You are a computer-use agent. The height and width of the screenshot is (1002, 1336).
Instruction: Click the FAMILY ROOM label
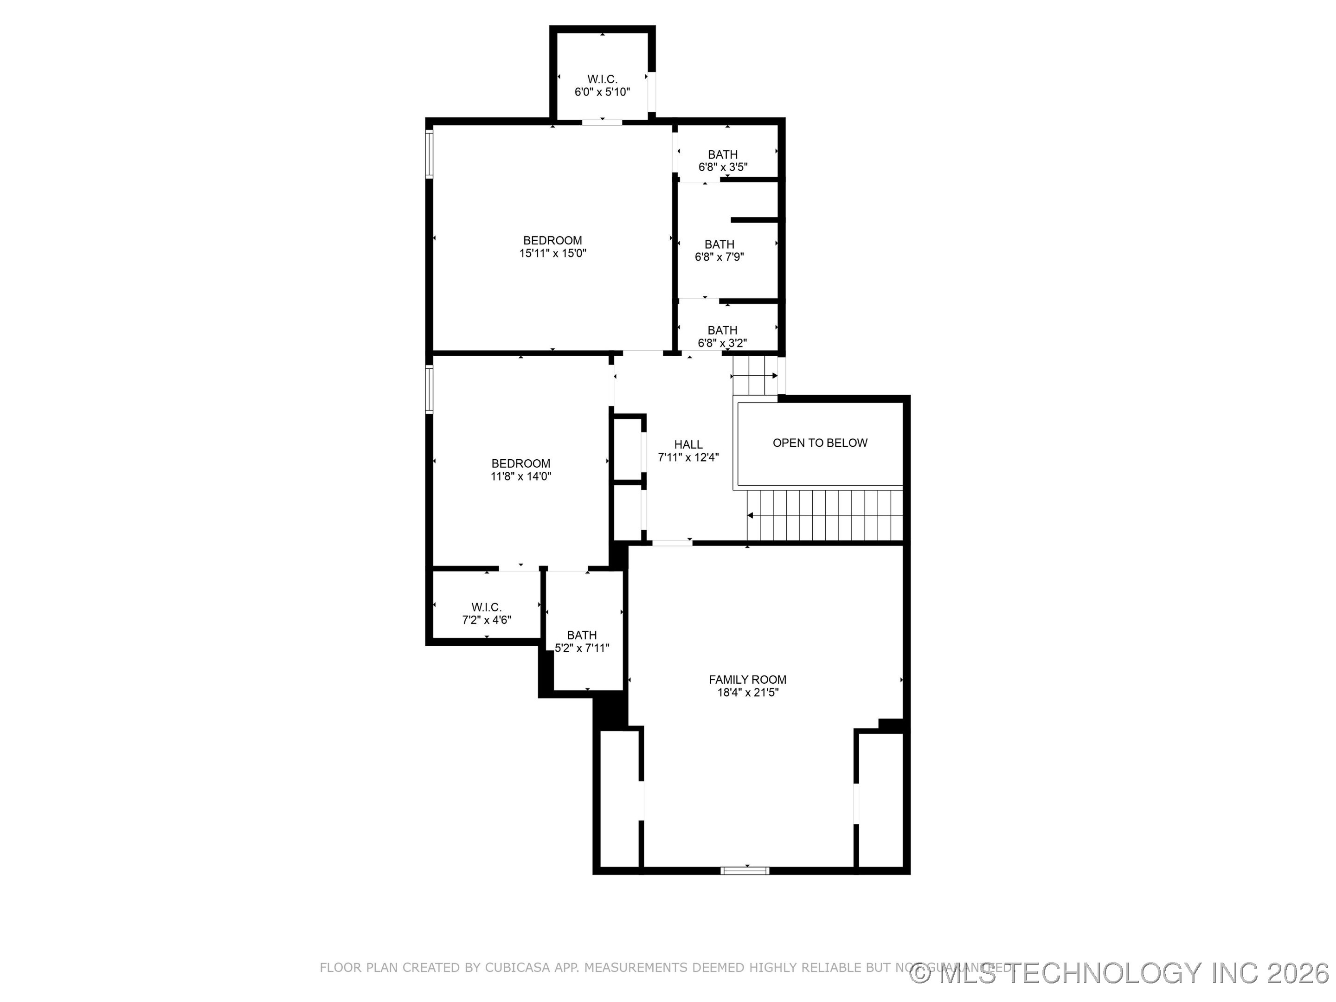[x=747, y=680]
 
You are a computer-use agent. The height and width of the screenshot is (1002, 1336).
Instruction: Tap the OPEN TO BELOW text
[x=820, y=443]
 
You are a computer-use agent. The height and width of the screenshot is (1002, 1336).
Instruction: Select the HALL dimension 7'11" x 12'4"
[x=688, y=457]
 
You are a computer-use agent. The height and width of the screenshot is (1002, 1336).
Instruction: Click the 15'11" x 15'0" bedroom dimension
[x=552, y=253]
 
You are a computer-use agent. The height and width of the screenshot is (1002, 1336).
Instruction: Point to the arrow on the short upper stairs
[x=774, y=376]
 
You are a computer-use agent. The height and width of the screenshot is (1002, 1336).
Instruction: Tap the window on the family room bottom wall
[x=745, y=870]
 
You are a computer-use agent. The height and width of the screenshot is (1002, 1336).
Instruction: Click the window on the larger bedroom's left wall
[x=430, y=154]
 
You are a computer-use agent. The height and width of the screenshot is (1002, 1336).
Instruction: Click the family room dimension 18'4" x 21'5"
[x=747, y=693]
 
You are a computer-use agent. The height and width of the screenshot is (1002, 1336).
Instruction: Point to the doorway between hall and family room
[x=672, y=542]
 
